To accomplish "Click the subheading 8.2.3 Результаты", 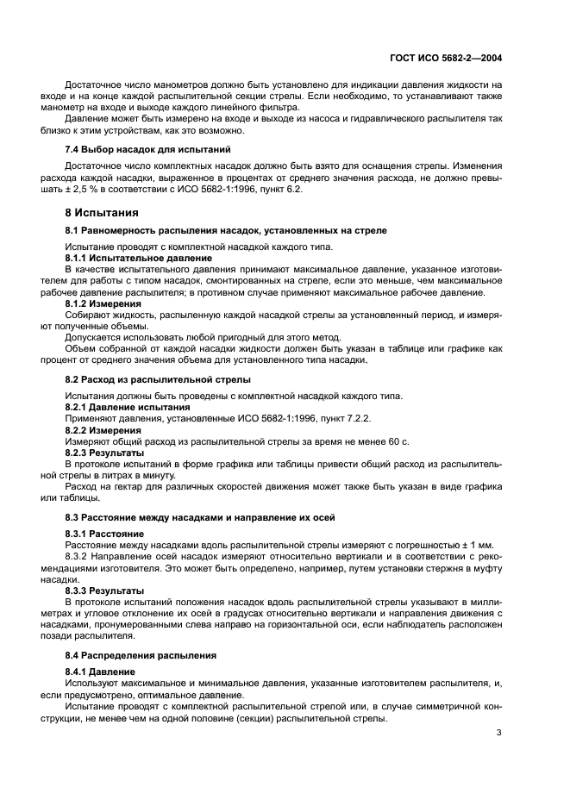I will [104, 452].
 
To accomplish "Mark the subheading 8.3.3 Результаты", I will [104, 590].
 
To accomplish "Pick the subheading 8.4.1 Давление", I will [100, 672].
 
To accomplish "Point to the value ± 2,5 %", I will [88, 189].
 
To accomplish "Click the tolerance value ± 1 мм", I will [484, 545].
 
